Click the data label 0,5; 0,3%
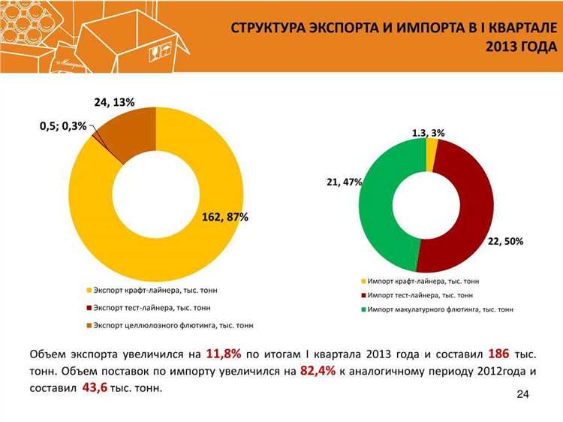pos(63,125)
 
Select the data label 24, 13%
pos(114,102)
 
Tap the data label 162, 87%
pos(225,217)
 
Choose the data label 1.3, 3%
pos(428,132)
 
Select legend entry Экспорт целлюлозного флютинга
pos(173,325)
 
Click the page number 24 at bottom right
pos(523,395)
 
